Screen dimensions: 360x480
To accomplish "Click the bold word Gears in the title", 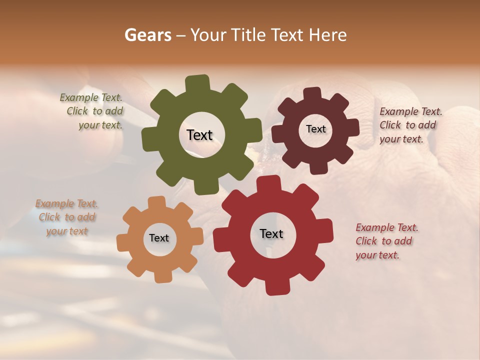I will pos(147,35).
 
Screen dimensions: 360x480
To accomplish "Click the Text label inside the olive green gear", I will pos(199,135).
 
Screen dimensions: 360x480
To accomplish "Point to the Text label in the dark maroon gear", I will pos(315,129).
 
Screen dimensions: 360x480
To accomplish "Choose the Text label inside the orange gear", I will pos(159,238).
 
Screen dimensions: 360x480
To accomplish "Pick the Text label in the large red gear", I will pos(271,233).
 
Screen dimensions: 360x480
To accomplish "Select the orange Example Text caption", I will pos(67,217).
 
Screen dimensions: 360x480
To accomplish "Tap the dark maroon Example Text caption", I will pos(408,125).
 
